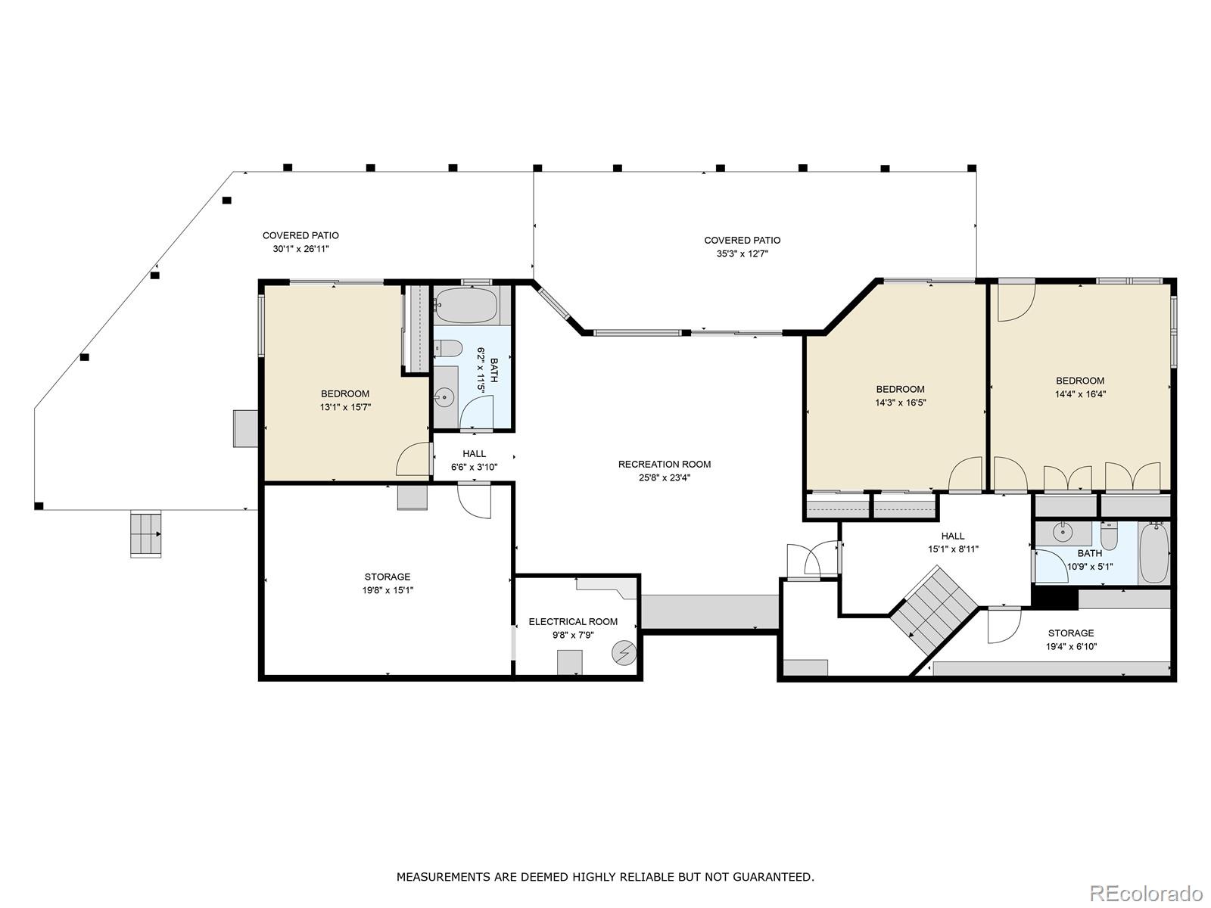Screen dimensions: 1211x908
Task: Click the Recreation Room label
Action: click(x=664, y=464)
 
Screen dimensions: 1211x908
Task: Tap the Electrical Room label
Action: click(x=573, y=621)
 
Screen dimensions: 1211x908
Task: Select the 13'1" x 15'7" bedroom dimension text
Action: click(x=345, y=407)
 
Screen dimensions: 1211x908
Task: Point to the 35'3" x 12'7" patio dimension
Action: click(x=742, y=253)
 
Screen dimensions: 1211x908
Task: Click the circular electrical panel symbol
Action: click(x=624, y=653)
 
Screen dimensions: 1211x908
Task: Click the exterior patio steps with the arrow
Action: click(x=145, y=533)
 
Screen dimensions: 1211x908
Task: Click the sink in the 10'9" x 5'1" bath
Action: click(x=1062, y=533)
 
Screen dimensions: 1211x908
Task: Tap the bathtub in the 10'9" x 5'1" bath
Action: click(x=1153, y=553)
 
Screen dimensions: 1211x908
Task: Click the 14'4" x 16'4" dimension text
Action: click(x=1080, y=394)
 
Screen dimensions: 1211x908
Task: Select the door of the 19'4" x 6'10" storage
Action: click(x=1004, y=625)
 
